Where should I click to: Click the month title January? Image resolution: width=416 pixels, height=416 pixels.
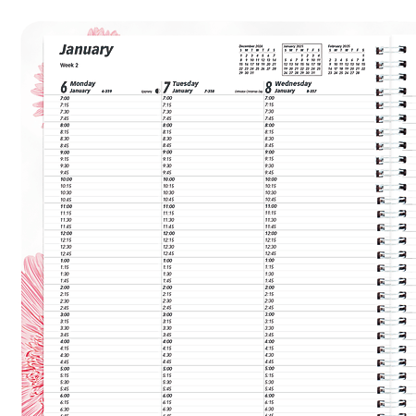pos(86,50)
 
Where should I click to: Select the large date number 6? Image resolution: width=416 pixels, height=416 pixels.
pos(64,88)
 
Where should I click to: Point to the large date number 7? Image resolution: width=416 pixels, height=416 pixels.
pos(166,88)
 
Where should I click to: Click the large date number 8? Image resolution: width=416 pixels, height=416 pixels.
pos(268,88)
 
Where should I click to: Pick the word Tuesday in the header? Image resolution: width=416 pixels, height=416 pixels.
pos(186,83)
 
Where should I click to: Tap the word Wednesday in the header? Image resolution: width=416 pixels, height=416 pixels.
pos(293,83)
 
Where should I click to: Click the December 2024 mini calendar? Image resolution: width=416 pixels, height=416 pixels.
pos(257,58)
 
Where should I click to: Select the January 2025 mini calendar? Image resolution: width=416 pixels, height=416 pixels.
pos(300,58)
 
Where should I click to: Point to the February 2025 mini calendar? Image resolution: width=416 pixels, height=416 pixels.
pos(347,58)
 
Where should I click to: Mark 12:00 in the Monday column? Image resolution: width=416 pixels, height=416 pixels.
pos(67,233)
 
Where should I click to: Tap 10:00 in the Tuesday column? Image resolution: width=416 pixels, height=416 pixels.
pos(169,179)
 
